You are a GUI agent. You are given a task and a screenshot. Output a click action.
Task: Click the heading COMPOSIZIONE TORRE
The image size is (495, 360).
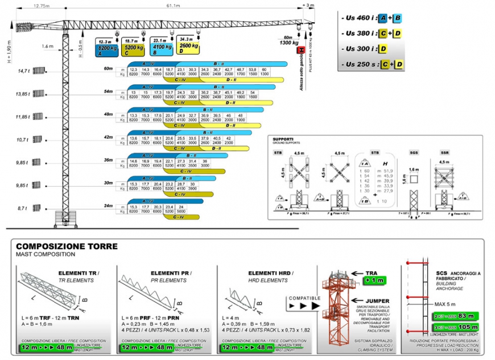(x=67, y=246)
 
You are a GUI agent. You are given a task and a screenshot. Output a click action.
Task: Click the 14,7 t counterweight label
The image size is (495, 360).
(x=23, y=71)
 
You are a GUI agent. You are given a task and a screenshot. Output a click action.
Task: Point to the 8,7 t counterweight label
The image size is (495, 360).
(x=23, y=209)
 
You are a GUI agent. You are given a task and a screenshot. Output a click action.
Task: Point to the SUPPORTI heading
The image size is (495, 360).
(x=283, y=139)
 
